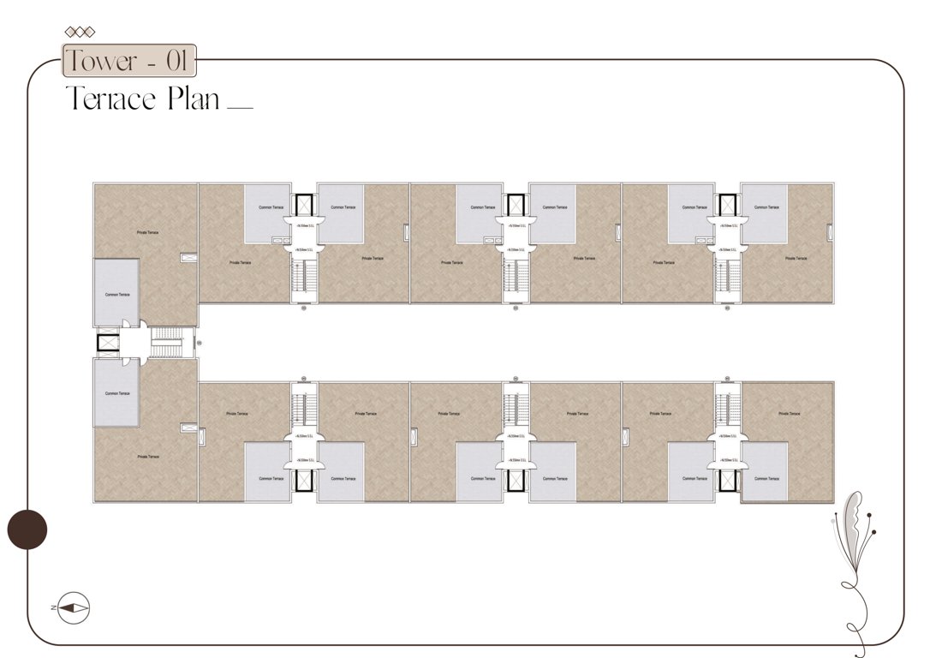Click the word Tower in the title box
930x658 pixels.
pos(102,62)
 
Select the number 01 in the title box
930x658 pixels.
pos(176,62)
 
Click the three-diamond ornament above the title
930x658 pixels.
pos(80,33)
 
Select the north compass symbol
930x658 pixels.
pos(71,607)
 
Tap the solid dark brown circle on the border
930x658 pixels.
pos(27,529)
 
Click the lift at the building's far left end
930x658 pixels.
pos(110,343)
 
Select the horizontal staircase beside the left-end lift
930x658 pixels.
pos(168,343)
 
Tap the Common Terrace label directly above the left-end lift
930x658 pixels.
pos(117,294)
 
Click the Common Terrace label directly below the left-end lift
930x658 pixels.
pos(117,393)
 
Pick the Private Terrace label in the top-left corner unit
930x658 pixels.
pos(147,232)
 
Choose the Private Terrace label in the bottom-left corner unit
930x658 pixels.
pos(147,457)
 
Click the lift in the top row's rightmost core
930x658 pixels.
pos(727,206)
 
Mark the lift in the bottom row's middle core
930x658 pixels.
pos(515,479)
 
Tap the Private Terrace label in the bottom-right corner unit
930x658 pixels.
pos(789,413)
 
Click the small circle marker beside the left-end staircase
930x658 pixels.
pos(200,343)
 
